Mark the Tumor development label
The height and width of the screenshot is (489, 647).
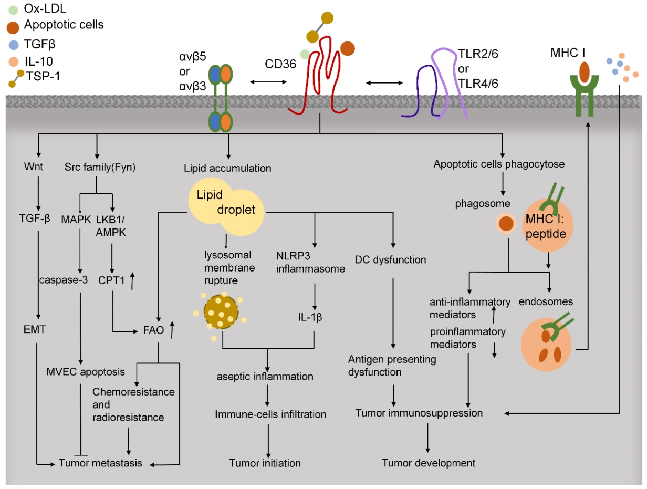click(x=428, y=463)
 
